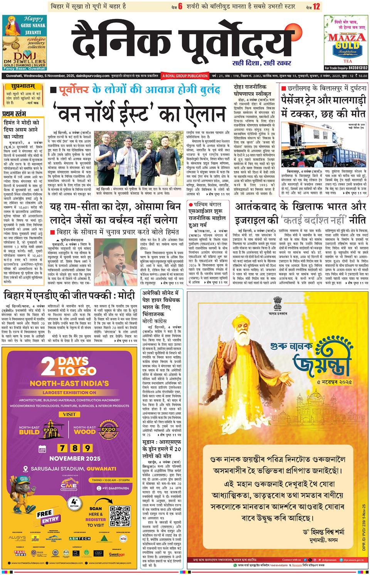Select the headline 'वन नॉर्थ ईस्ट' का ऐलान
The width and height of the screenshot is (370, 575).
point(138,113)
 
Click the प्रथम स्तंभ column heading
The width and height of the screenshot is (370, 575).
point(14,113)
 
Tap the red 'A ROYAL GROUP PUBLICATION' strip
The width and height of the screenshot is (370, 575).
point(185,76)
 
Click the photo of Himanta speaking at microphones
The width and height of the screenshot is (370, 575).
point(118,255)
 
